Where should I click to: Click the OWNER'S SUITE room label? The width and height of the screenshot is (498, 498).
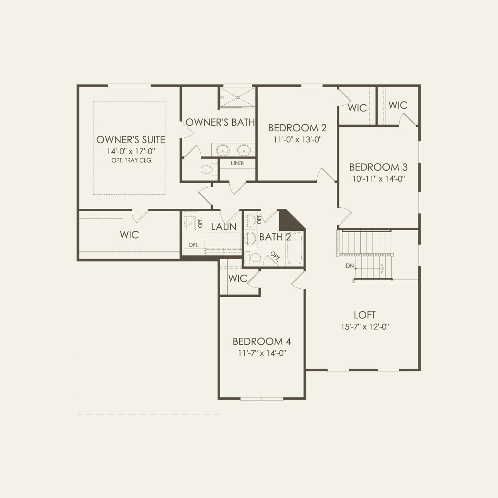tap(131, 140)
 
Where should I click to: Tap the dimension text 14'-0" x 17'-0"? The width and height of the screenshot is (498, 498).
tap(131, 151)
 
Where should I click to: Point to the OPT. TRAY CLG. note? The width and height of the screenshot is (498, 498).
tap(132, 160)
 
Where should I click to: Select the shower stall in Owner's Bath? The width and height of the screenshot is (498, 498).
tap(237, 98)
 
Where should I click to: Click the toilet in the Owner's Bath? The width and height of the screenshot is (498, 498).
tap(208, 169)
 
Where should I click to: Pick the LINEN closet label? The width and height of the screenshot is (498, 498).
tap(238, 163)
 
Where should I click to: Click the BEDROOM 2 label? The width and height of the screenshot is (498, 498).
tap(297, 128)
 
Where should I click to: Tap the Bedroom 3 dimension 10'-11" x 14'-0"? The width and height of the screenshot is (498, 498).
tap(378, 179)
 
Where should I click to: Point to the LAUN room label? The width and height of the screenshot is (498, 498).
tap(224, 227)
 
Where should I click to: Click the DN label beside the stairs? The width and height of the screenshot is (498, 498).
tap(350, 266)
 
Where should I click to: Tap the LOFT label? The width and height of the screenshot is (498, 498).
tap(365, 315)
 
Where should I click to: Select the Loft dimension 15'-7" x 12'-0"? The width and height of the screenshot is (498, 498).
tap(365, 327)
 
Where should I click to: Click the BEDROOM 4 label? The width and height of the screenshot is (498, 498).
tap(262, 342)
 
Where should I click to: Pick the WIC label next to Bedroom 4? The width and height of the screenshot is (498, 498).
tap(237, 278)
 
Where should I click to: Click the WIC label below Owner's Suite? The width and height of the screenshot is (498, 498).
tap(129, 235)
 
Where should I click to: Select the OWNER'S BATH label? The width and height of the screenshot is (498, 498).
tap(220, 122)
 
